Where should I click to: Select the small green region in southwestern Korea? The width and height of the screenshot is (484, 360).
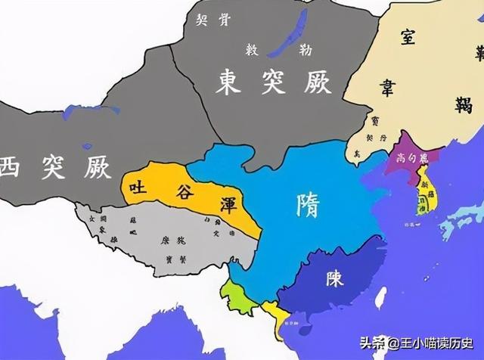pos(418,209)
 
